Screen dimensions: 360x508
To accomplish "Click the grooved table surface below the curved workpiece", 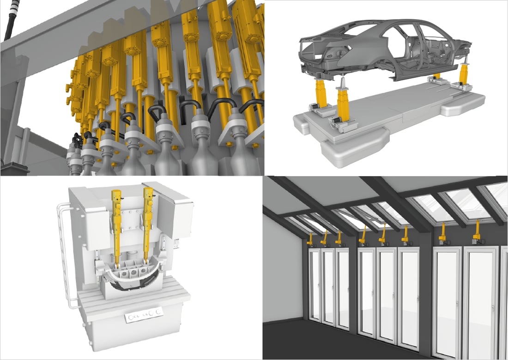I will [134, 296].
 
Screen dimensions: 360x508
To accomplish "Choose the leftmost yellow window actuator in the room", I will [310, 238].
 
